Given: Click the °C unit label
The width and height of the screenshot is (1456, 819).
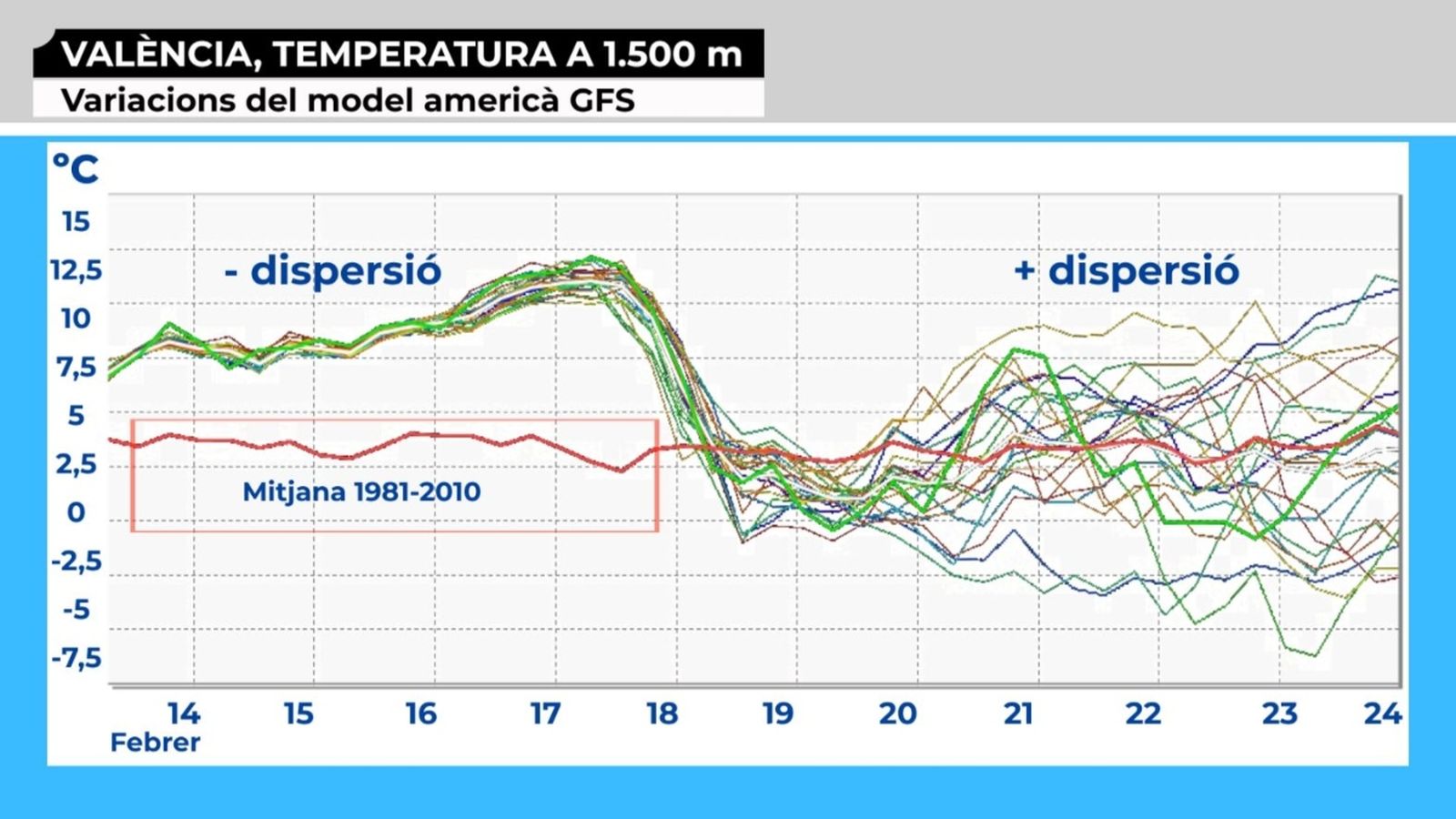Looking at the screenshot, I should click(x=75, y=169).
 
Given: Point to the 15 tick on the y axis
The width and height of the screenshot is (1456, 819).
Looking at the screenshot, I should click(x=76, y=221).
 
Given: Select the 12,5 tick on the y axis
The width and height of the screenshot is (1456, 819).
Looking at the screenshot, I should click(x=76, y=270).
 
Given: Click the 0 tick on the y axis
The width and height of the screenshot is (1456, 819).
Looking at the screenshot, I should click(x=76, y=512).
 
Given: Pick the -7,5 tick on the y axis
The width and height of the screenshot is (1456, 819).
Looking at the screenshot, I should click(x=76, y=657).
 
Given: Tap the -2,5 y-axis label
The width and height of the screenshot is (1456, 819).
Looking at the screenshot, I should click(x=76, y=561).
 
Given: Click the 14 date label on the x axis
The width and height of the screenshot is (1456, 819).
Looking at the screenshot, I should click(x=183, y=713).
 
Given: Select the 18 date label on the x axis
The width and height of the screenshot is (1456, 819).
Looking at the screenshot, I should click(x=662, y=713).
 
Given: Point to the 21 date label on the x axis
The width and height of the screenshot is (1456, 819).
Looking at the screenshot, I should click(x=1018, y=713).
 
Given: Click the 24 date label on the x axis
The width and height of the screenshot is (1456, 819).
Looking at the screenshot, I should click(x=1382, y=713).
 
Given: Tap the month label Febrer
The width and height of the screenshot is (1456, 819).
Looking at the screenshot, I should click(x=155, y=743).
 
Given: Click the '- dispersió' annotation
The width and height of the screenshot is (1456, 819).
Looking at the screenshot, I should click(x=333, y=271).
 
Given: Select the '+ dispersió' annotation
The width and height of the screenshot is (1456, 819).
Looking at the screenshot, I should click(x=1126, y=271).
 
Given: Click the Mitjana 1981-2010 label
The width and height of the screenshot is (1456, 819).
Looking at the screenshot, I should click(x=361, y=491).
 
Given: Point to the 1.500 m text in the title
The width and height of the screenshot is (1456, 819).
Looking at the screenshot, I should click(x=672, y=55).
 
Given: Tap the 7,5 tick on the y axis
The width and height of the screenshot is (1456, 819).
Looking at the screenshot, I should click(x=76, y=367).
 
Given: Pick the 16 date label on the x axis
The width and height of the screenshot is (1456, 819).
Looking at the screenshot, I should click(x=420, y=713).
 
